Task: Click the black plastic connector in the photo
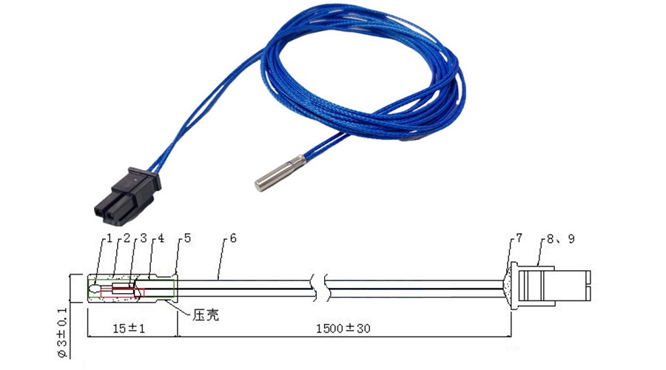point(127,196)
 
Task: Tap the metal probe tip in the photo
point(280,173)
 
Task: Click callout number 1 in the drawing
point(110,238)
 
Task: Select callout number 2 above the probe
point(126,238)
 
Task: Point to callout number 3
point(143,238)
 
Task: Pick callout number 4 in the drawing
point(161,238)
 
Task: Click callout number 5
point(187,238)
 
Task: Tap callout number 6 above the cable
point(233,238)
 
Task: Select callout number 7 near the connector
point(519,238)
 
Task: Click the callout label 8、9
point(561,239)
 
